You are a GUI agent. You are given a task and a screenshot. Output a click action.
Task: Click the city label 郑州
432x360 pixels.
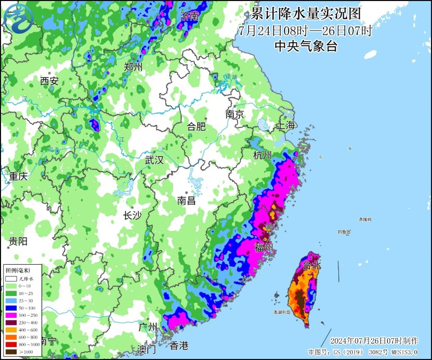[x=133, y=67]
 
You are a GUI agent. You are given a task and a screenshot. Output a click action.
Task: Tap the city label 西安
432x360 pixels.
[x=49, y=81]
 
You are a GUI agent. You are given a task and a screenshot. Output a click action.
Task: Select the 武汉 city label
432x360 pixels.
[x=154, y=160]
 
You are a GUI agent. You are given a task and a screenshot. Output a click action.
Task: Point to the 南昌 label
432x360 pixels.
[x=186, y=200]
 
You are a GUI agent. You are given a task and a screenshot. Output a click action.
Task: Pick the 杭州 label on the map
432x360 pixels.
[x=262, y=156]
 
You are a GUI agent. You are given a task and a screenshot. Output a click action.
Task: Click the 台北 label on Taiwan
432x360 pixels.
[x=312, y=265]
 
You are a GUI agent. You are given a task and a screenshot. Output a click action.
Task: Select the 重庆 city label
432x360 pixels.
[x=18, y=176]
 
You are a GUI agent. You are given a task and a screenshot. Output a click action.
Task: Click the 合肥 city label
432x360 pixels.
[x=197, y=126]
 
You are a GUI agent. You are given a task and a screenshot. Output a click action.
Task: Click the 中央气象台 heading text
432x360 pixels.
[x=306, y=46]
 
